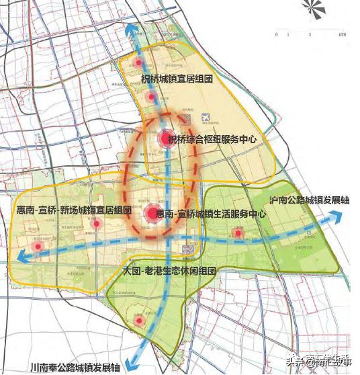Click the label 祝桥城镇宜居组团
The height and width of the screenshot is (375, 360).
pyautogui.click(x=176, y=79)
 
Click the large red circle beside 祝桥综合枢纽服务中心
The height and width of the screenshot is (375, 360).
pyautogui.click(x=166, y=139)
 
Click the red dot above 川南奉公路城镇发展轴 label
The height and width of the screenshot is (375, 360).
pyautogui.click(x=139, y=322)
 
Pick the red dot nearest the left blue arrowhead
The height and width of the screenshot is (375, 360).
pyautogui.click(x=39, y=247)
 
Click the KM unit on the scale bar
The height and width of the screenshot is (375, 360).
pyautogui.click(x=343, y=34)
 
